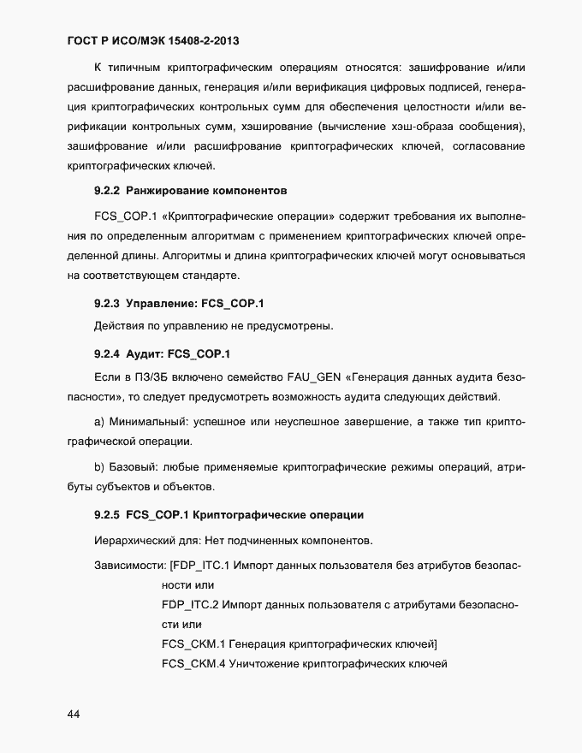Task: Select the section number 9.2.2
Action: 106,188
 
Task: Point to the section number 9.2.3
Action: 106,303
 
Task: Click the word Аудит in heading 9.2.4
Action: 143,353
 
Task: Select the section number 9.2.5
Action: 106,515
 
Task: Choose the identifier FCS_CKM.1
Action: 193,643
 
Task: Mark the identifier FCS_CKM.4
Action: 193,665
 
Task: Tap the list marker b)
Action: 98,466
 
